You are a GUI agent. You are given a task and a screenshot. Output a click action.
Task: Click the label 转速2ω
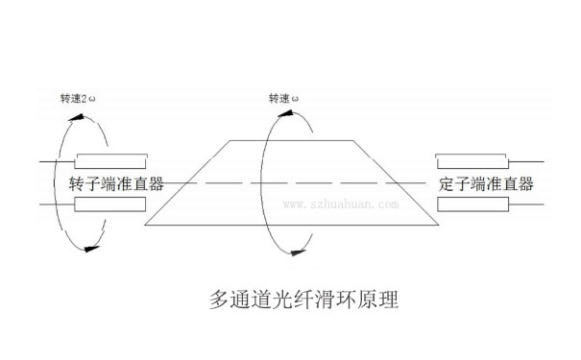click(80, 99)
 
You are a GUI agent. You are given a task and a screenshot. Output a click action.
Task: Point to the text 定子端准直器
click(486, 182)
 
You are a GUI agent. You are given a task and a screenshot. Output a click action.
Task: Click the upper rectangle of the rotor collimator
click(110, 160)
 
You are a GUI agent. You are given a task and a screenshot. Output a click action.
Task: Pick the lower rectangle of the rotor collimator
click(110, 204)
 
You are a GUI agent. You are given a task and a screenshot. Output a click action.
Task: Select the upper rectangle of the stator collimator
click(473, 160)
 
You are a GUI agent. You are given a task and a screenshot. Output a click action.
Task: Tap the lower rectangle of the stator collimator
click(473, 204)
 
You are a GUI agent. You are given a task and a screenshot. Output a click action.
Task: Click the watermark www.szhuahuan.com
click(341, 204)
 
